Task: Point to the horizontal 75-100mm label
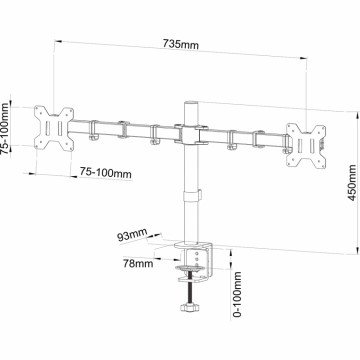(105, 173)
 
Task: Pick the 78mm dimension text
(138, 264)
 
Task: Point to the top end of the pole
(190, 103)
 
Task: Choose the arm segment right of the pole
(245, 137)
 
